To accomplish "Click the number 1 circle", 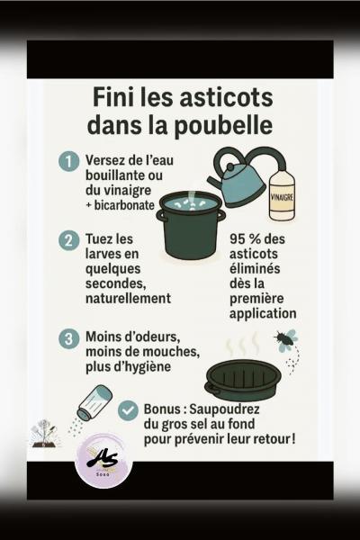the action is pyautogui.click(x=69, y=161).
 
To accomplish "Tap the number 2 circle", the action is pyautogui.click(x=69, y=240).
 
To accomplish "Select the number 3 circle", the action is pyautogui.click(x=69, y=339).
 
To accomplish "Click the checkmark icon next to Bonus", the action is pyautogui.click(x=128, y=409).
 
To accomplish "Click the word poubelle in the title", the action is pyautogui.click(x=223, y=125).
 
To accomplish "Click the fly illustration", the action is pyautogui.click(x=286, y=340).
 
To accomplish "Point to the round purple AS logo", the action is pyautogui.click(x=103, y=462).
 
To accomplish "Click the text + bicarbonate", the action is pyautogui.click(x=120, y=205).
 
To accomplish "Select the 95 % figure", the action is pyautogui.click(x=246, y=239).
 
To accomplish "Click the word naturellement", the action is pyautogui.click(x=128, y=298).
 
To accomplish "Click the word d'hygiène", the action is pyautogui.click(x=141, y=367).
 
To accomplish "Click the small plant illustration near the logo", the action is pyautogui.click(x=46, y=433).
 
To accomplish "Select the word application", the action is pyautogui.click(x=263, y=314).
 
